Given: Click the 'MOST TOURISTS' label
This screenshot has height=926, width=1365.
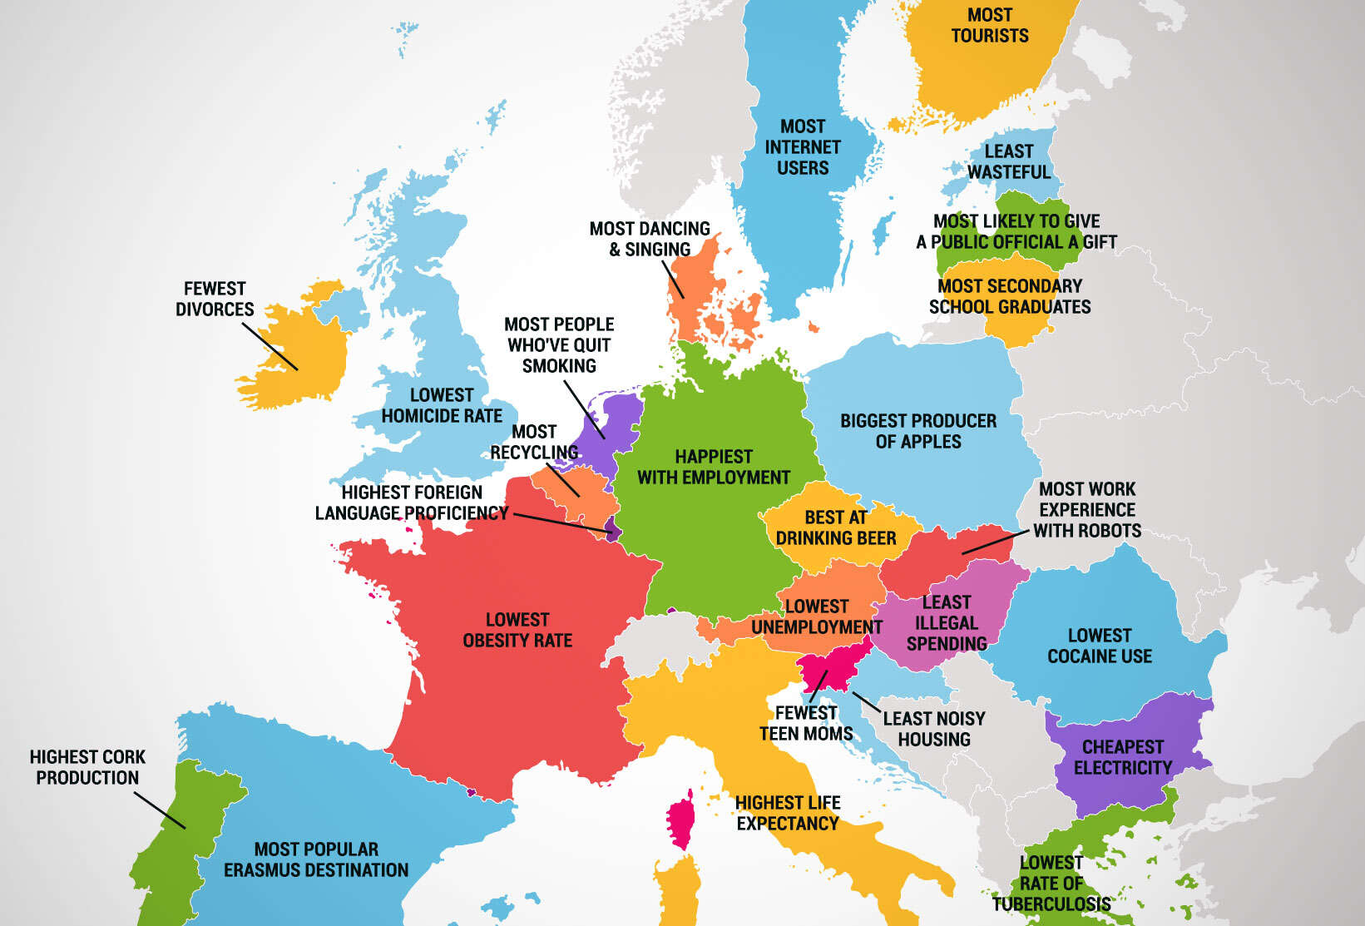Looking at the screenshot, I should (x=990, y=26).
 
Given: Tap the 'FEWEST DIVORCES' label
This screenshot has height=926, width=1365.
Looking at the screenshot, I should (x=215, y=299).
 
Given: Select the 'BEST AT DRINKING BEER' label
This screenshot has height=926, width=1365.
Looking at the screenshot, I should (x=836, y=527).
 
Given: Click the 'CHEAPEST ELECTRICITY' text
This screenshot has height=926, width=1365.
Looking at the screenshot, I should (x=1122, y=757).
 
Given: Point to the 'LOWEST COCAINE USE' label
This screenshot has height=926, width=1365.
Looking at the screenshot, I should (x=1099, y=646).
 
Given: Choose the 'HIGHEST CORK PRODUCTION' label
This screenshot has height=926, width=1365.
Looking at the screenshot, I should (x=87, y=767).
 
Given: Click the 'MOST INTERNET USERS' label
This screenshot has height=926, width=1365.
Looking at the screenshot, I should (x=803, y=147).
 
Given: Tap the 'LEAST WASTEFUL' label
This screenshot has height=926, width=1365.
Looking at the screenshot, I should (x=1009, y=161).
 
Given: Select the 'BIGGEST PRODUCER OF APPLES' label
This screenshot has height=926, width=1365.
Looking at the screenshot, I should (x=917, y=431).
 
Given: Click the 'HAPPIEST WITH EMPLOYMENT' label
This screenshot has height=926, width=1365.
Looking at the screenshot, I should (x=713, y=467).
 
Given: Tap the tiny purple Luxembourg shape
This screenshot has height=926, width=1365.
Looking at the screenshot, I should (x=613, y=529).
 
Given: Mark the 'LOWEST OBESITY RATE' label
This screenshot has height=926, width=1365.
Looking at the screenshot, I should (x=517, y=630).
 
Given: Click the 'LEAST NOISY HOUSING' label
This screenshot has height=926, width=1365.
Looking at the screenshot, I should (x=933, y=729).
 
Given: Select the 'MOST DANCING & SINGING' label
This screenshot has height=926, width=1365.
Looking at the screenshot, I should (x=650, y=239).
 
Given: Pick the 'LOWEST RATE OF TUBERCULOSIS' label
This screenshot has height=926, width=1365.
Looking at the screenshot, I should (x=1051, y=884).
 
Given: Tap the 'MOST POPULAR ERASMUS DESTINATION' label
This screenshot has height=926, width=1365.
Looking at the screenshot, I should (x=316, y=859).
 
